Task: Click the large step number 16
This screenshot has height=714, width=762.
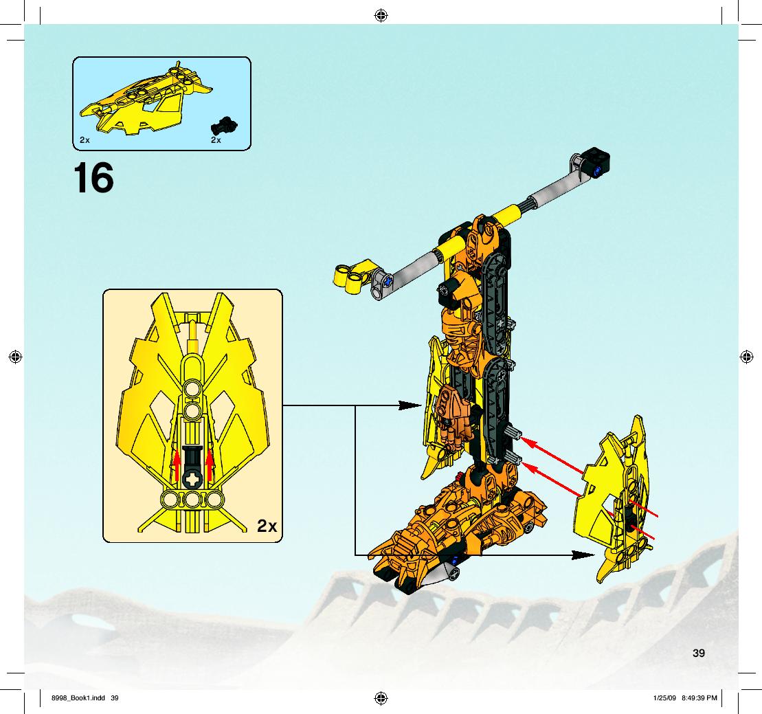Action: (x=93, y=178)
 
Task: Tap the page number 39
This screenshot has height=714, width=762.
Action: (x=698, y=654)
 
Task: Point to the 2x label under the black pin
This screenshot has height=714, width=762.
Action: (x=216, y=140)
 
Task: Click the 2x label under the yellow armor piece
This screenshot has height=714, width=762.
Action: (x=85, y=140)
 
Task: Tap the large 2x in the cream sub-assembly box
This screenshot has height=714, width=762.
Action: (x=267, y=526)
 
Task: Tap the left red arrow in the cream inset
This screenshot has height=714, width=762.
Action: (x=177, y=466)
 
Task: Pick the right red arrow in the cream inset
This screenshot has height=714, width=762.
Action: (x=210, y=466)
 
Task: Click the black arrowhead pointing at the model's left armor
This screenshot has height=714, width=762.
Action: (x=410, y=405)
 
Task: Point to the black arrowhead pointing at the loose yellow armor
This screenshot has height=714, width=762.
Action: (x=583, y=555)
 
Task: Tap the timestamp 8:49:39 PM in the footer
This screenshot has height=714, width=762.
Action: (x=699, y=698)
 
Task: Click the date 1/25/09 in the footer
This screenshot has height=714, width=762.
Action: (x=665, y=698)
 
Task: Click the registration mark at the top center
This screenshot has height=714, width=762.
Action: (x=381, y=16)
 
